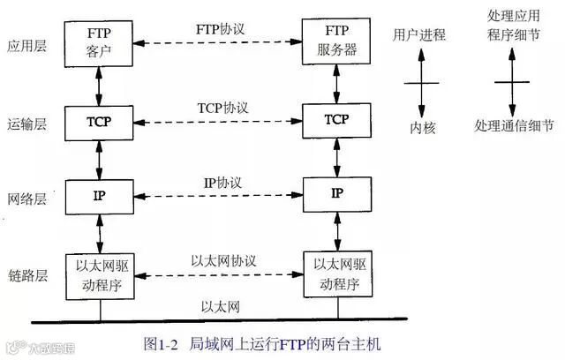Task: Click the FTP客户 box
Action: click(99, 41)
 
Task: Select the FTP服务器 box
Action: click(336, 41)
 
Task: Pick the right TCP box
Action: click(336, 119)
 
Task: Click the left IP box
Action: click(99, 192)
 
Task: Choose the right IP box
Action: click(336, 192)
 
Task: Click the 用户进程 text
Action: click(419, 35)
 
